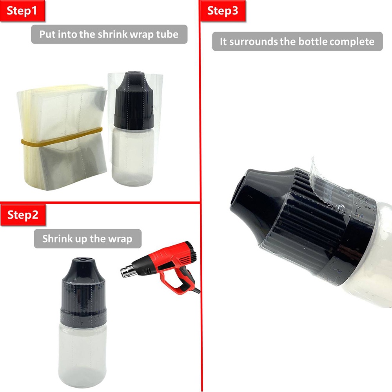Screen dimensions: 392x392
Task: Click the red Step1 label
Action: pos(22,11)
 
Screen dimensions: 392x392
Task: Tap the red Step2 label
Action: pos(23,215)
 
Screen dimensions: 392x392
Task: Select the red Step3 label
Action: pos(223,11)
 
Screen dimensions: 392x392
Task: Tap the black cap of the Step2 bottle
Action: pos(84,291)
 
